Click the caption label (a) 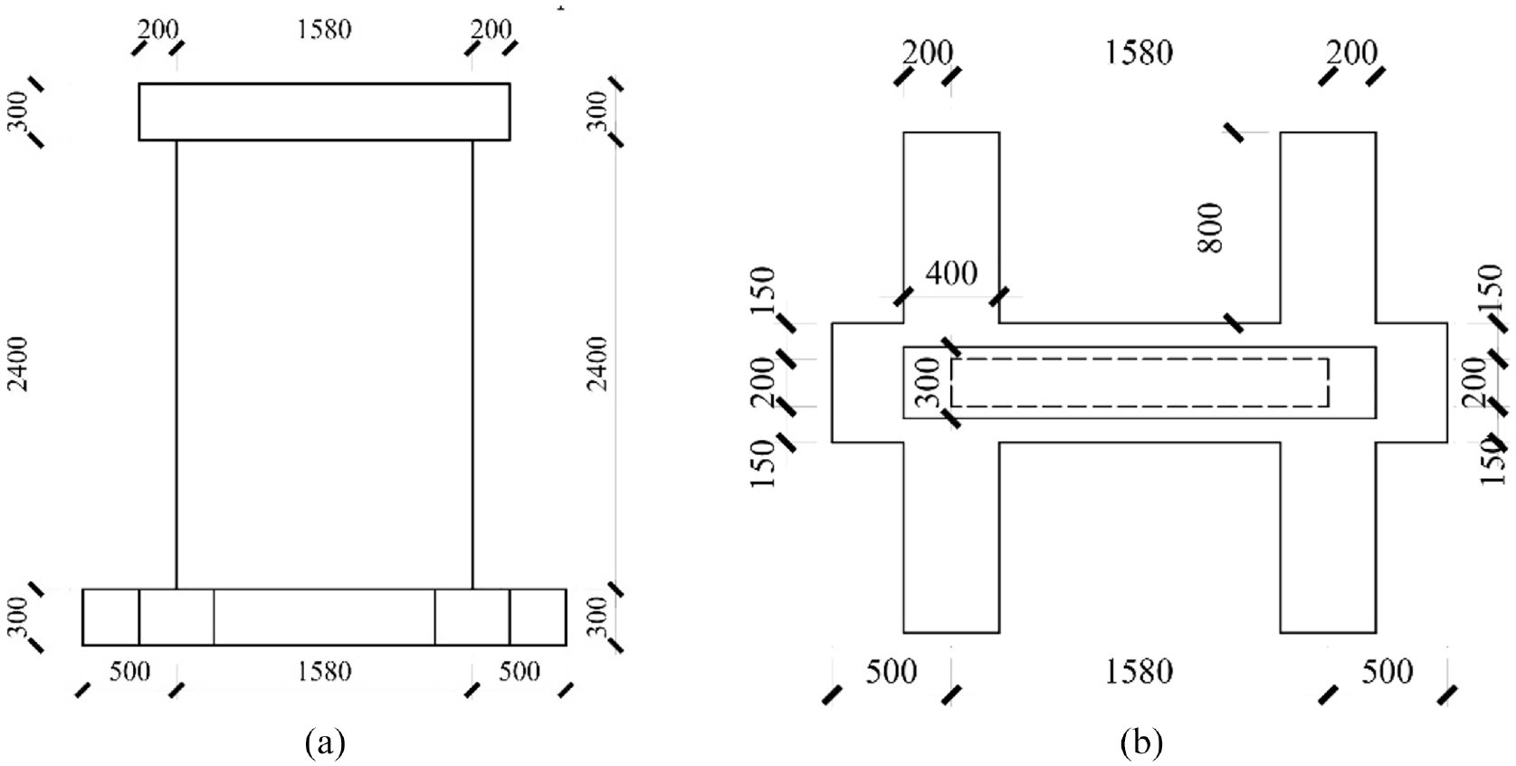326,742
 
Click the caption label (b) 1141,742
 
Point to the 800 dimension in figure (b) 1211,227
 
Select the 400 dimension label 951,273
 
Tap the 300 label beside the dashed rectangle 932,383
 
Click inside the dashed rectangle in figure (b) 1139,383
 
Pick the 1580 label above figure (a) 325,29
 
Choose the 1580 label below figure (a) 325,671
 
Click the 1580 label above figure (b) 1139,53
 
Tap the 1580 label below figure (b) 1139,672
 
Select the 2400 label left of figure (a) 19,364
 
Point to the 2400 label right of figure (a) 597,364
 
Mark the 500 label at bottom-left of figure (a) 130,671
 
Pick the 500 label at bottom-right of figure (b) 1387,672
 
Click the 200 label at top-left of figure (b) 928,53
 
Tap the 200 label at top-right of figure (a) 491,29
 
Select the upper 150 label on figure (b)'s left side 763,290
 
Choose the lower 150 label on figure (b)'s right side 1492,461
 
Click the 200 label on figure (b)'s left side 763,381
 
